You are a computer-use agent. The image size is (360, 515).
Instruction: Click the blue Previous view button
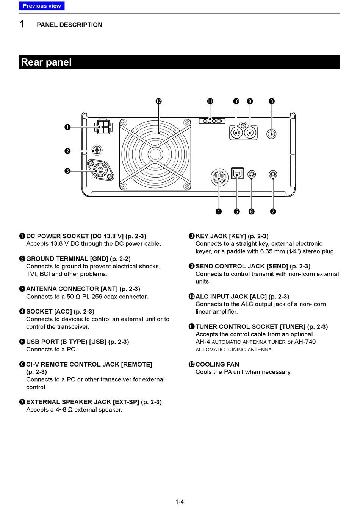click(42, 6)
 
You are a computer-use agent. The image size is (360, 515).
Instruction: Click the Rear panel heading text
click(46, 62)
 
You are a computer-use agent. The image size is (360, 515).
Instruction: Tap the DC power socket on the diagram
click(103, 126)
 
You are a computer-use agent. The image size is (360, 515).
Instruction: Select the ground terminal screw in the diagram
click(97, 150)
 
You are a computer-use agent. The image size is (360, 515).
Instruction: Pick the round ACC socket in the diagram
click(219, 177)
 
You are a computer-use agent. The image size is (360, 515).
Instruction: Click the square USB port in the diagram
click(237, 174)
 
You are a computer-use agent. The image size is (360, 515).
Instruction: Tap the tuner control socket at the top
click(212, 121)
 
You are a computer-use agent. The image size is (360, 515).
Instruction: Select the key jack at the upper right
click(271, 134)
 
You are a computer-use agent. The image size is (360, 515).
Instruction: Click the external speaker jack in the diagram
click(273, 175)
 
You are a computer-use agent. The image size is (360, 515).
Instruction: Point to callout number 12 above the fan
click(158, 101)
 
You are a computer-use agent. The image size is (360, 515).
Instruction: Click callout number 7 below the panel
click(273, 211)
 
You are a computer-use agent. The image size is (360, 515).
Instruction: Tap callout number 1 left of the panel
click(67, 127)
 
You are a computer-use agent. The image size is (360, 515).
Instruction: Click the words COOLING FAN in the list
click(217, 364)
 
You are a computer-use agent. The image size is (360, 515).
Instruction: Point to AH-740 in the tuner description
click(305, 342)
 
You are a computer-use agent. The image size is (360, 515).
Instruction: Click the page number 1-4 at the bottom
click(180, 502)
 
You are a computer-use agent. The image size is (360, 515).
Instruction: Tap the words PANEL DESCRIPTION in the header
click(69, 25)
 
